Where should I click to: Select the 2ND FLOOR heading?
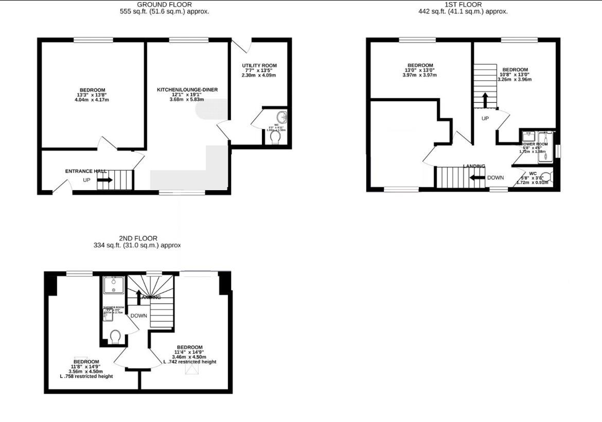138,238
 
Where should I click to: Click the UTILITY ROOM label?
259,65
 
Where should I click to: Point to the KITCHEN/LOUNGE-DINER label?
187,89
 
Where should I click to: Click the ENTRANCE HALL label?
85,171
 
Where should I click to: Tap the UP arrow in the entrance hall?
105,180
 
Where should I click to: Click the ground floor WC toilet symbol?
276,137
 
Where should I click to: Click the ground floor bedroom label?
92,89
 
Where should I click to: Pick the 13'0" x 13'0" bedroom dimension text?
420,70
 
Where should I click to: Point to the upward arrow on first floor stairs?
485,100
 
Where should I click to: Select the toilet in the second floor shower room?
116,337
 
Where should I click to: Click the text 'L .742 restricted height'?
189,362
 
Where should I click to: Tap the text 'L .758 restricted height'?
86,376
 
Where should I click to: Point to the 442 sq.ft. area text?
463,11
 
